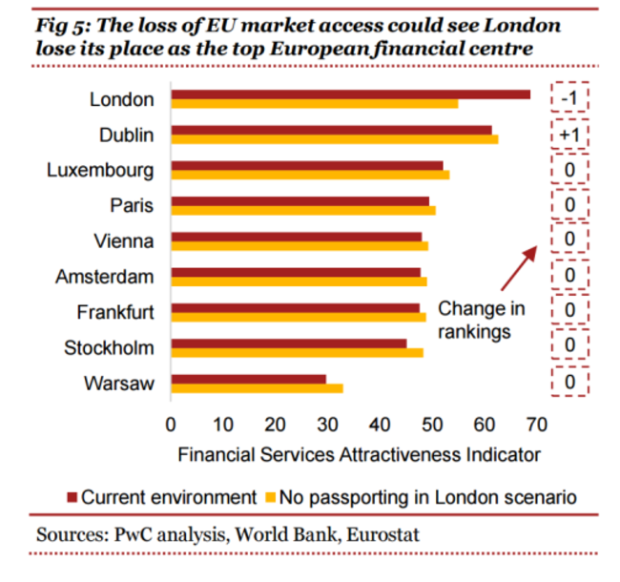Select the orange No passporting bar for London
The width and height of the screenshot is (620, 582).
314,103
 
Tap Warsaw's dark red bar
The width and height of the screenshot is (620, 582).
248,379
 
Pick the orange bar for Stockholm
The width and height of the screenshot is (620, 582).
297,353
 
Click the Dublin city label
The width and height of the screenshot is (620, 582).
126,135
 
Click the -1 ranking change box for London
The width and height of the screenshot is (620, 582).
569,99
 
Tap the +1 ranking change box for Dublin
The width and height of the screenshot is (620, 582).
569,135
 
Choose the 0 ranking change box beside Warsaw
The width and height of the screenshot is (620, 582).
569,383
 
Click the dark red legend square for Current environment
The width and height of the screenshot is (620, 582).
72,497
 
